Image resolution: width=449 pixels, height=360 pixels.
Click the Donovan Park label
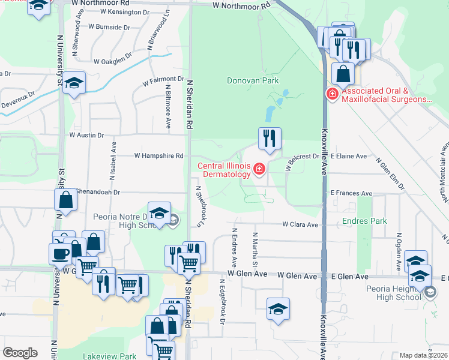coord(253,80)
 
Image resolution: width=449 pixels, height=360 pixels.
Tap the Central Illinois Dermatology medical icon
coord(259,170)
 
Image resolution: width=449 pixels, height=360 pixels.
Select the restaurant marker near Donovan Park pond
coord(270,138)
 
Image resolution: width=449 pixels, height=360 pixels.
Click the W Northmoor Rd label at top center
coord(241,5)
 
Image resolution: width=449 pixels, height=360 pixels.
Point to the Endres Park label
coord(364,221)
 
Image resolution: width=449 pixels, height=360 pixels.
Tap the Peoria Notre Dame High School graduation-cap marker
coord(158,213)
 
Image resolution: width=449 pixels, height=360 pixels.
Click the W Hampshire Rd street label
coord(158,155)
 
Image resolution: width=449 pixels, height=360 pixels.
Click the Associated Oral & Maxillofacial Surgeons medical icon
coord(331,94)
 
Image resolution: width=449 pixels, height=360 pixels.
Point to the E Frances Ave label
coord(351,193)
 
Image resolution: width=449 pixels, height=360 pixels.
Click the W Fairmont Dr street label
coord(163,79)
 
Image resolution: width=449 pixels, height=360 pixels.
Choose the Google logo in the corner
coord(20,353)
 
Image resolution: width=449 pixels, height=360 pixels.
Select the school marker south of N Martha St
coord(278,309)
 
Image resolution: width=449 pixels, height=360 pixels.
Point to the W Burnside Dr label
coord(109,27)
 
